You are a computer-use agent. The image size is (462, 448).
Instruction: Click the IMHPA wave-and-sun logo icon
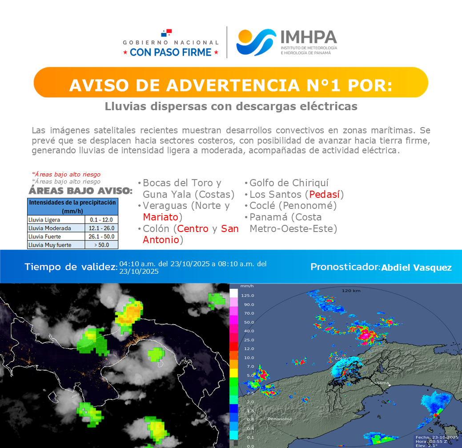[x=256, y=42]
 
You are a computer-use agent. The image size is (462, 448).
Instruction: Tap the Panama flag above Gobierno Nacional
[x=166, y=33]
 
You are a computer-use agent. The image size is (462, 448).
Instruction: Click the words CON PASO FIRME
[x=171, y=52]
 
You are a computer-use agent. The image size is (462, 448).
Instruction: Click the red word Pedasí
[x=325, y=194]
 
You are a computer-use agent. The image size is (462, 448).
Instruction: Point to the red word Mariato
[x=161, y=217]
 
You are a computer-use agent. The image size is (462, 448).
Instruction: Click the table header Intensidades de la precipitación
[x=73, y=206]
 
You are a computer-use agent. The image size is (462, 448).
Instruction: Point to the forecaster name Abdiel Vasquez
[x=416, y=268]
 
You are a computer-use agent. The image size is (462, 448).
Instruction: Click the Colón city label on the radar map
[x=341, y=358]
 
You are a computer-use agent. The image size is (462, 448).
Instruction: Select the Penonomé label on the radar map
[x=280, y=419]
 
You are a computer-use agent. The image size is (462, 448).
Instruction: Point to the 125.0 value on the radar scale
[x=247, y=296]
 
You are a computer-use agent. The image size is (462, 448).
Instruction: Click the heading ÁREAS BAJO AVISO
[x=80, y=191]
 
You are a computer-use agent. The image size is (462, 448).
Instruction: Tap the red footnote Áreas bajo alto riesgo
[x=66, y=175]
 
